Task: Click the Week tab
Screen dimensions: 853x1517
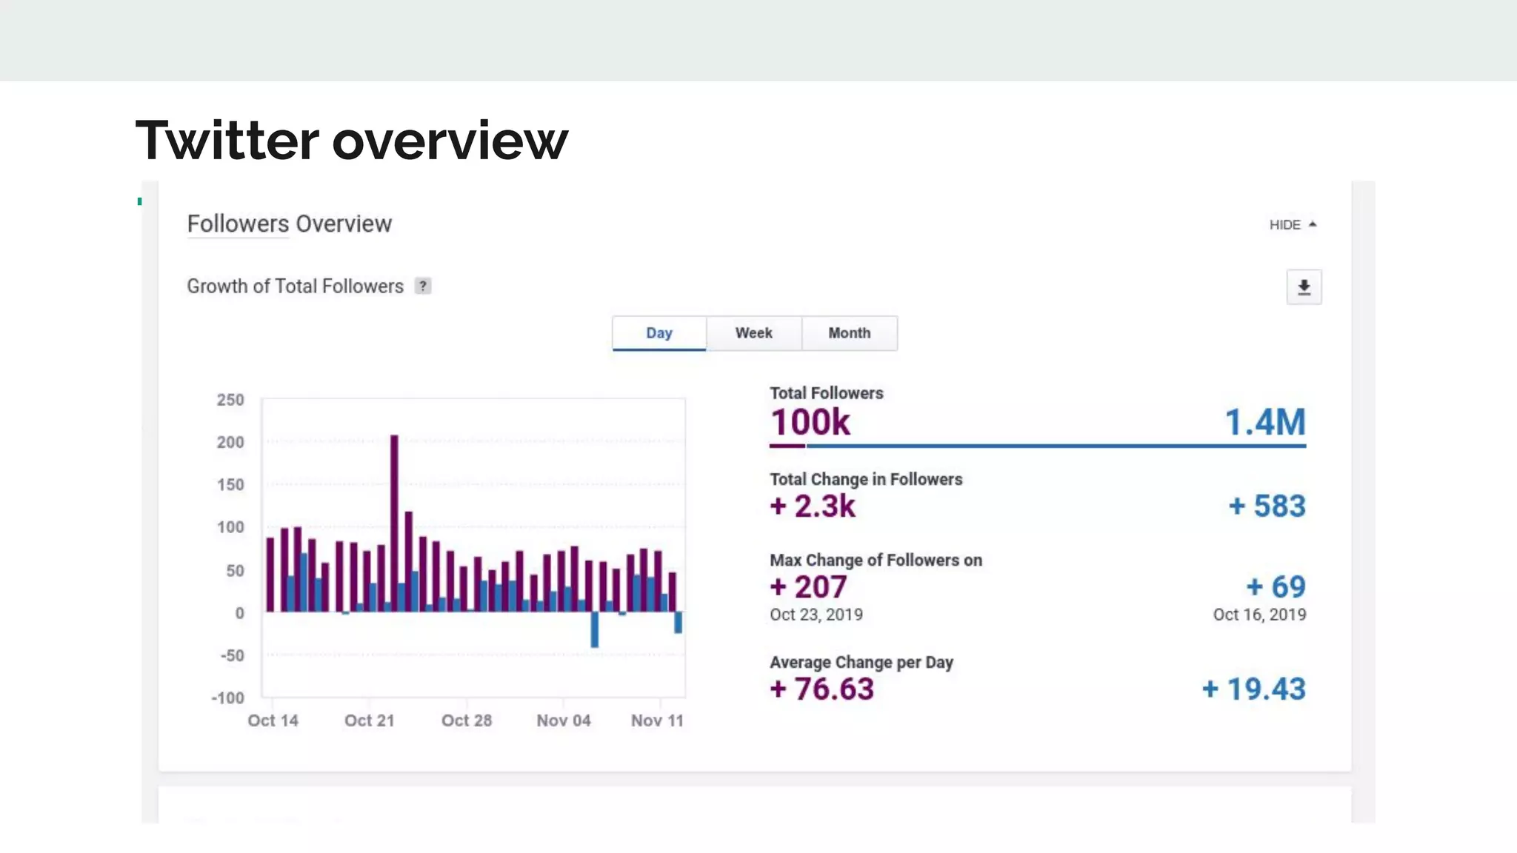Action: click(x=753, y=333)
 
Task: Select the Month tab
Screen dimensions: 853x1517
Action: click(x=849, y=333)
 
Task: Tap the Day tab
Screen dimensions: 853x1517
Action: click(x=659, y=333)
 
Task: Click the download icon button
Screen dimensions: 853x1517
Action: click(x=1304, y=287)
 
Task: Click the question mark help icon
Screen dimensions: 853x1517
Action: click(x=422, y=287)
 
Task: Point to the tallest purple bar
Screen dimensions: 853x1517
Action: click(x=394, y=518)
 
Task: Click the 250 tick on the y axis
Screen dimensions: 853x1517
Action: click(x=230, y=400)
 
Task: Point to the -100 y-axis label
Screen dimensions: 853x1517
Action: click(x=228, y=698)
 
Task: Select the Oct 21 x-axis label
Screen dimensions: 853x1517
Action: click(x=369, y=720)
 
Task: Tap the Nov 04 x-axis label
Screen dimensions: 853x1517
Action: click(x=563, y=720)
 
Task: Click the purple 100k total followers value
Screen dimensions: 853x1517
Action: click(x=810, y=423)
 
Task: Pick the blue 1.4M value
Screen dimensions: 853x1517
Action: click(x=1264, y=423)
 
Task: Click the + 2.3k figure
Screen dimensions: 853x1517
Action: click(x=813, y=506)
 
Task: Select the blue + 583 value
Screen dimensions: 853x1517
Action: click(x=1267, y=506)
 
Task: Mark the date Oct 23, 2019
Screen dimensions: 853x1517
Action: click(x=816, y=615)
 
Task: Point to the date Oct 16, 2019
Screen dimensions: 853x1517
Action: click(x=1259, y=615)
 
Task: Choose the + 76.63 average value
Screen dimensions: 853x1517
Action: click(x=821, y=689)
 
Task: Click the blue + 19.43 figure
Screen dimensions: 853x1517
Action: click(x=1253, y=689)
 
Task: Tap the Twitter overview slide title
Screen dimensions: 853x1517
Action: click(x=352, y=141)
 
